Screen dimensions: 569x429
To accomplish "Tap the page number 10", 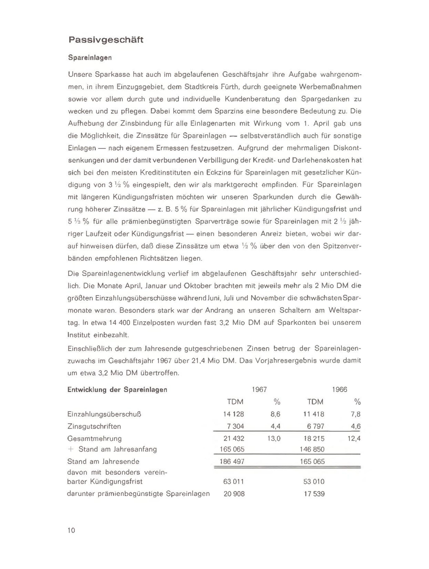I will [71, 530].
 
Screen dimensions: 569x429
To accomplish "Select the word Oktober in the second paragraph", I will [198, 286].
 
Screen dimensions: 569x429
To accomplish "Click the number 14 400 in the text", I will [119, 323].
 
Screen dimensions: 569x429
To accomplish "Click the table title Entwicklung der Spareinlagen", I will [117, 390].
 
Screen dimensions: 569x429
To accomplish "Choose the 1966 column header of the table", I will [340, 390].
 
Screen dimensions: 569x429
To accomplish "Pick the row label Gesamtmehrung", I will [95, 438].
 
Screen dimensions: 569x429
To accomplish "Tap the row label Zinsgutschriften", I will [94, 426].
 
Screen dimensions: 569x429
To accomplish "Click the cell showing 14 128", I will [233, 414].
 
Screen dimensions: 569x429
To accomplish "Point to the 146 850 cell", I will [312, 449].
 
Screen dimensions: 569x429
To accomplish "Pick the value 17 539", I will [314, 494].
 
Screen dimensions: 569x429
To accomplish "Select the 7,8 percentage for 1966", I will [355, 414].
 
